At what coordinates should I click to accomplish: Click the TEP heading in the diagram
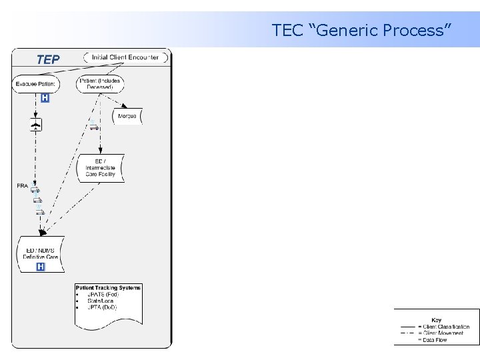(x=48, y=60)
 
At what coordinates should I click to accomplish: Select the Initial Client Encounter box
(x=125, y=57)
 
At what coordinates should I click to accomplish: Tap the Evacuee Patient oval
(x=37, y=84)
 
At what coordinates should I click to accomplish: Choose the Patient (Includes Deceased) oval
(x=101, y=84)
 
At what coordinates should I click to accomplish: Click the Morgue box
(x=127, y=116)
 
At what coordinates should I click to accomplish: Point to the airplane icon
(x=36, y=125)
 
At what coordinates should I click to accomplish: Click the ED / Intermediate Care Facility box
(x=101, y=167)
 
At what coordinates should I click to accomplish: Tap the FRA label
(x=23, y=186)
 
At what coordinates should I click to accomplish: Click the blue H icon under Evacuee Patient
(x=45, y=98)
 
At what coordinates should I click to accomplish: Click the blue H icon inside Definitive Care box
(x=41, y=267)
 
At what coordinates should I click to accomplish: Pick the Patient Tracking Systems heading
(x=108, y=288)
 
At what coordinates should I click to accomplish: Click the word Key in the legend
(x=437, y=320)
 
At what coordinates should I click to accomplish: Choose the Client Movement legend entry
(x=443, y=333)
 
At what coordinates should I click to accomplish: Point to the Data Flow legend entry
(x=435, y=339)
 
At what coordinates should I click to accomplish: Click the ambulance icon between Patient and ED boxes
(x=95, y=127)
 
